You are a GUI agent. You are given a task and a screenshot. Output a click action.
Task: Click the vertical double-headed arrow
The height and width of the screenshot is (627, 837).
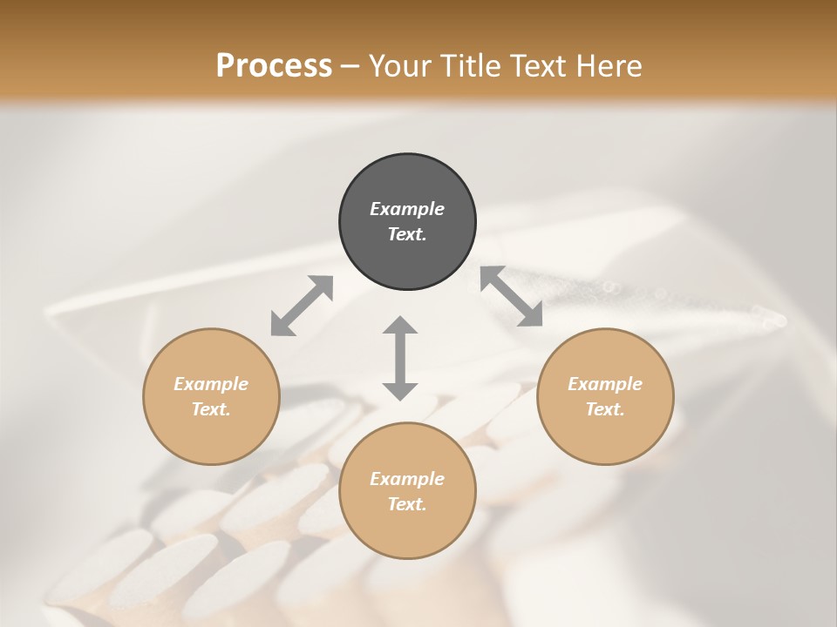pos(400,358)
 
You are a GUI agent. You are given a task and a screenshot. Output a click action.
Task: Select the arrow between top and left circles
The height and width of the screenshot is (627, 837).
pos(302,306)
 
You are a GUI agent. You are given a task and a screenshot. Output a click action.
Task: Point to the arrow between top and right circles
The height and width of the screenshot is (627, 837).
pos(512,296)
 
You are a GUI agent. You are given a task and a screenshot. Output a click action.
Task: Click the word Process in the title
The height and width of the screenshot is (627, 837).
pos(274,65)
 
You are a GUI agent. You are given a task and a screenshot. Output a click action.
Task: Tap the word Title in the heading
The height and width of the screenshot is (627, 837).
pos(468,65)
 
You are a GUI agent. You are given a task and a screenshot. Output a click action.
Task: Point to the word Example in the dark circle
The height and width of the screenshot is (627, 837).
pos(407,209)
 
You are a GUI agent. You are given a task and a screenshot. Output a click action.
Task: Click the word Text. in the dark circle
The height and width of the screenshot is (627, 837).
pos(407,234)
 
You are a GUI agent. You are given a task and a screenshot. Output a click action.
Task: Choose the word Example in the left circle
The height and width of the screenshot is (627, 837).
pos(211,384)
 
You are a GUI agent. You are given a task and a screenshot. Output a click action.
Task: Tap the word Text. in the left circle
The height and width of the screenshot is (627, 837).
pos(211,409)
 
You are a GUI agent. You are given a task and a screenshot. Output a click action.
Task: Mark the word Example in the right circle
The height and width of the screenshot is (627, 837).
pos(605,384)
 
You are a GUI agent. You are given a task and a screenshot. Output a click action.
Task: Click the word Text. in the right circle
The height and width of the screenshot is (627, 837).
pos(605,409)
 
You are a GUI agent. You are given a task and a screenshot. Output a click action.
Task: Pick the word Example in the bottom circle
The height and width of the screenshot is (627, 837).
pos(407,479)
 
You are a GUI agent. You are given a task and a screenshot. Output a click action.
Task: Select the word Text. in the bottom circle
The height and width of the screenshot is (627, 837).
pos(407,504)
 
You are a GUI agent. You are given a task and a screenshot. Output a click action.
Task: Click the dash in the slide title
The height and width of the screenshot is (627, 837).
pos(350,67)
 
